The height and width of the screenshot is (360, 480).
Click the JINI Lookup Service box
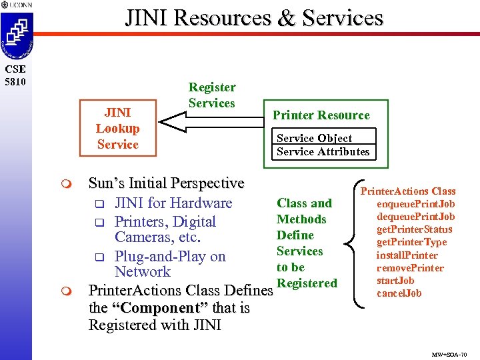pos(117,129)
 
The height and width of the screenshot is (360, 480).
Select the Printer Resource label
pos(321,115)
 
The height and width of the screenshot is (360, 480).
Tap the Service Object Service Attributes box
pos(323,145)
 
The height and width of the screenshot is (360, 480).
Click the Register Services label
pos(212,95)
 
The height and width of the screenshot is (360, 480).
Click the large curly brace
pos(351,243)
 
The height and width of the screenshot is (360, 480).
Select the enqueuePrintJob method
pos(415,204)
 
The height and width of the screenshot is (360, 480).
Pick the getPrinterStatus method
pos(415,229)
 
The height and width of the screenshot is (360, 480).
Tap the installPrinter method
pos(407,255)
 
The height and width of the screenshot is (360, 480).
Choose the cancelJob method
pos(400,293)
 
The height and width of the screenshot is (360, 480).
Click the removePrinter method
pos(410,268)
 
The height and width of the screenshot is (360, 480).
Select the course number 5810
pos(14,82)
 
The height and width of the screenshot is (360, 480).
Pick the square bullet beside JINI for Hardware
pos(99,203)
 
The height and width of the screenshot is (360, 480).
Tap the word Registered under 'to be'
pos(307,283)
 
